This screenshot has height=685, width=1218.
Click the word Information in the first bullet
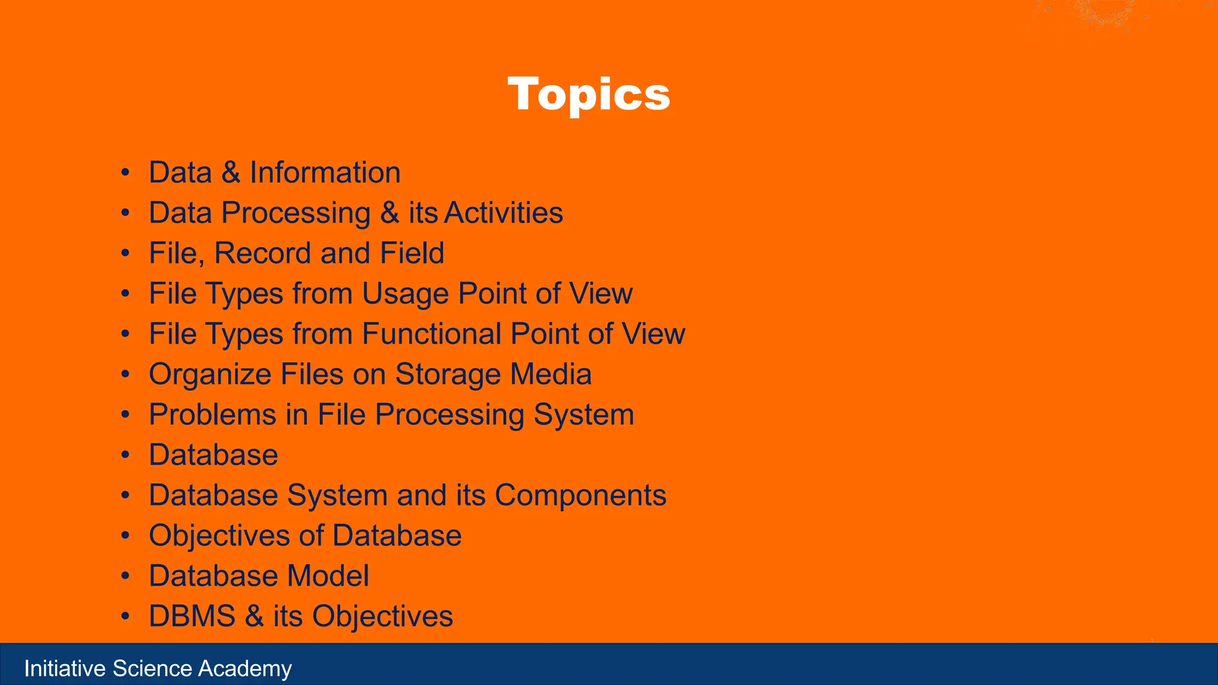click(325, 173)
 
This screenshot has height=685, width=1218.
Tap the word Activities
click(503, 213)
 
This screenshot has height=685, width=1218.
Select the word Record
click(262, 253)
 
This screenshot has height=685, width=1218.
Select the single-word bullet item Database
click(213, 455)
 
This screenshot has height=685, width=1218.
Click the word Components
click(580, 496)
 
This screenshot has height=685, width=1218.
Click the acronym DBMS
click(192, 617)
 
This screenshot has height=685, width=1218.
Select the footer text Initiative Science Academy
click(158, 669)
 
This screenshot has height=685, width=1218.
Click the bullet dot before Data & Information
click(125, 174)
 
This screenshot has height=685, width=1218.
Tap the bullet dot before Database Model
click(125, 577)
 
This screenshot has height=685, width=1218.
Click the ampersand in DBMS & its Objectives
click(254, 617)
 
